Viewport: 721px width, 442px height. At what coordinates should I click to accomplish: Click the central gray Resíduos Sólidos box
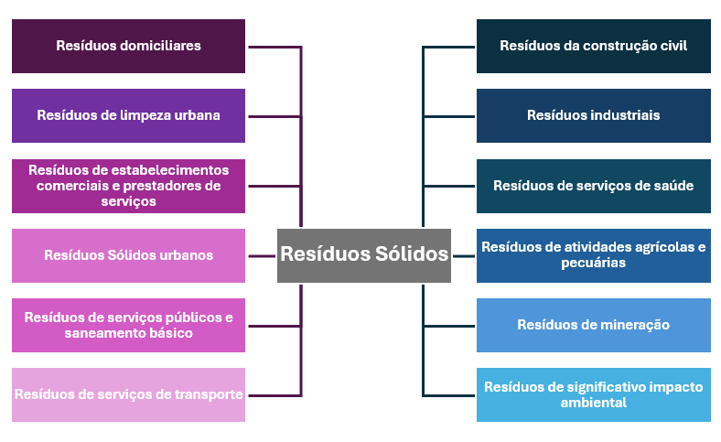pos(364,254)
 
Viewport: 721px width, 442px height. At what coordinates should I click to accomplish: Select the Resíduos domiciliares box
pos(128,46)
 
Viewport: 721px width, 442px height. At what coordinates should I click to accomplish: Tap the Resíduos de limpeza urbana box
pos(128,115)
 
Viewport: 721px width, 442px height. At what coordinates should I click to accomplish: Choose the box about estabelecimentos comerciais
pos(128,186)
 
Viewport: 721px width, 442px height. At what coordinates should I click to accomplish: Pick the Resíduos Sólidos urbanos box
pos(128,255)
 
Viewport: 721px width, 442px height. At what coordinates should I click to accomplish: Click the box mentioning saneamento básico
pos(128,325)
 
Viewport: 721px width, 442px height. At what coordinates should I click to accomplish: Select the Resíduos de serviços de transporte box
pos(128,394)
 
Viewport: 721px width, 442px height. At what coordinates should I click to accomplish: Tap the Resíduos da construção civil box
pos(593,46)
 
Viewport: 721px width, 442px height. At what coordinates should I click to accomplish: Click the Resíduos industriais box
pos(593,115)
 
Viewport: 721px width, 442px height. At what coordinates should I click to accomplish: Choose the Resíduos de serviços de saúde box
pos(593,186)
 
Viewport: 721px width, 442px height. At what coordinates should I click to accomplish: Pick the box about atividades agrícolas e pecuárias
pos(593,255)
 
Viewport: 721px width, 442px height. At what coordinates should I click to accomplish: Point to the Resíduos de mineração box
pos(593,325)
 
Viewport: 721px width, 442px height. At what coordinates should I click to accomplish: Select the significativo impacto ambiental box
pos(593,394)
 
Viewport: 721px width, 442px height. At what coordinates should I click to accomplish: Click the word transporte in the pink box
pos(210,394)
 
